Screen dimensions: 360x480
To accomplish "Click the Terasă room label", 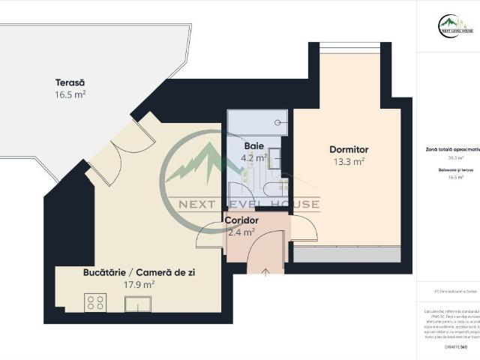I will [x=70, y=82].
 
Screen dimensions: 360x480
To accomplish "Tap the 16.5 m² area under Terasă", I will [x=70, y=94].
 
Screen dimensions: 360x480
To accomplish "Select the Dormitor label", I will [x=349, y=149].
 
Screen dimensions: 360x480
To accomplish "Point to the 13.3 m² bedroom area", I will [x=349, y=161].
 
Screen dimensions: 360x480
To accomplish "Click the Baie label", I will [x=253, y=145].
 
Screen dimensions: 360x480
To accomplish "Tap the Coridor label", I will [x=242, y=220].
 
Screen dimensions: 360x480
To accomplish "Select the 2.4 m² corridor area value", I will [x=241, y=232].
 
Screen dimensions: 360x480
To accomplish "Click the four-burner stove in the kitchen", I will [x=95, y=302].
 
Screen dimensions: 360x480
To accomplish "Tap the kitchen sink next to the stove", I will [x=137, y=303].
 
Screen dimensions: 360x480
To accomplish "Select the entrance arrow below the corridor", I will [x=266, y=272].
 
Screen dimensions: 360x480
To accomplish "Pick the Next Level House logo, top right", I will [x=455, y=27].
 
